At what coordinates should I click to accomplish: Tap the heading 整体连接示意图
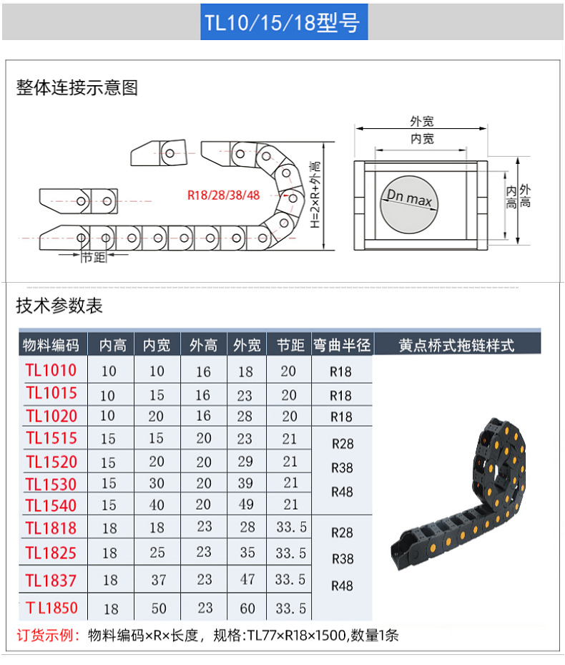[77, 88]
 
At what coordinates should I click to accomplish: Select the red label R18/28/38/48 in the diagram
[223, 195]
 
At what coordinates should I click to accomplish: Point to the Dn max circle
[410, 203]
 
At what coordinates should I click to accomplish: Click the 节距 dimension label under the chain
[93, 258]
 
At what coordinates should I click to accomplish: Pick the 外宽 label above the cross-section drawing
[422, 122]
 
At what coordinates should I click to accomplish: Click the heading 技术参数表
[59, 306]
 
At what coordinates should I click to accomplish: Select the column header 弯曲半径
[342, 345]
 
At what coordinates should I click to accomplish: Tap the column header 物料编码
[51, 345]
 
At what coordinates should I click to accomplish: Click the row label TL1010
[51, 370]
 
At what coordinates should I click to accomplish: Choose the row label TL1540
[51, 505]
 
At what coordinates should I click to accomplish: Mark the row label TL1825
[51, 553]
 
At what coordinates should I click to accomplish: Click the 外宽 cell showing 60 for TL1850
[247, 608]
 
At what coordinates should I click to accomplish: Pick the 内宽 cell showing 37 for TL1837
[158, 580]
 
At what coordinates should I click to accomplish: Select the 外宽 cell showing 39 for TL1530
[247, 484]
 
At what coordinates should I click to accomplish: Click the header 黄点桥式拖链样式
[456, 345]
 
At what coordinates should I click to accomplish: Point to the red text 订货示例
[48, 635]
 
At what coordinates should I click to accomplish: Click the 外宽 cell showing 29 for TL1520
[247, 462]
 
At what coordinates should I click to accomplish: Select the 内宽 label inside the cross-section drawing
[422, 139]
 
